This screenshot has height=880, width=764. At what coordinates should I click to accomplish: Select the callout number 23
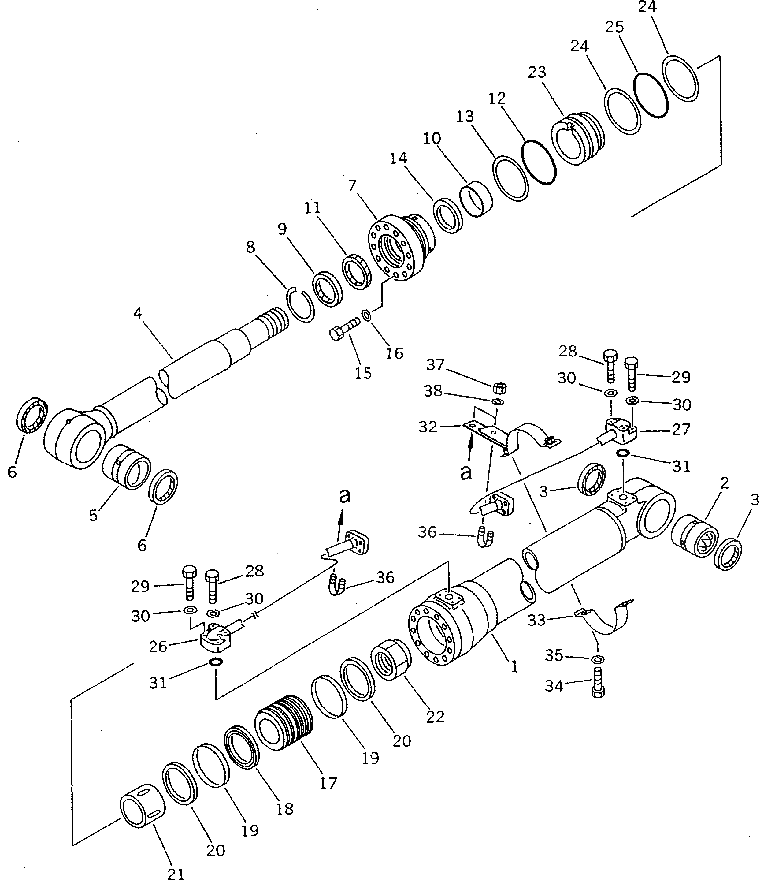(537, 73)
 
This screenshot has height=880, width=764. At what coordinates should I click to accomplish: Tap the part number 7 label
(352, 186)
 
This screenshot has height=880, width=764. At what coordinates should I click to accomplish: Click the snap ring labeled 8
(300, 304)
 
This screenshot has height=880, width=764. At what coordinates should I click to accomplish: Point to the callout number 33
(536, 620)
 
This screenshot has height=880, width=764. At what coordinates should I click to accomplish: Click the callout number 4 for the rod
(137, 314)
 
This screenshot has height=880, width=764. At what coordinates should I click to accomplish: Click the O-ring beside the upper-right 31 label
(622, 453)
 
